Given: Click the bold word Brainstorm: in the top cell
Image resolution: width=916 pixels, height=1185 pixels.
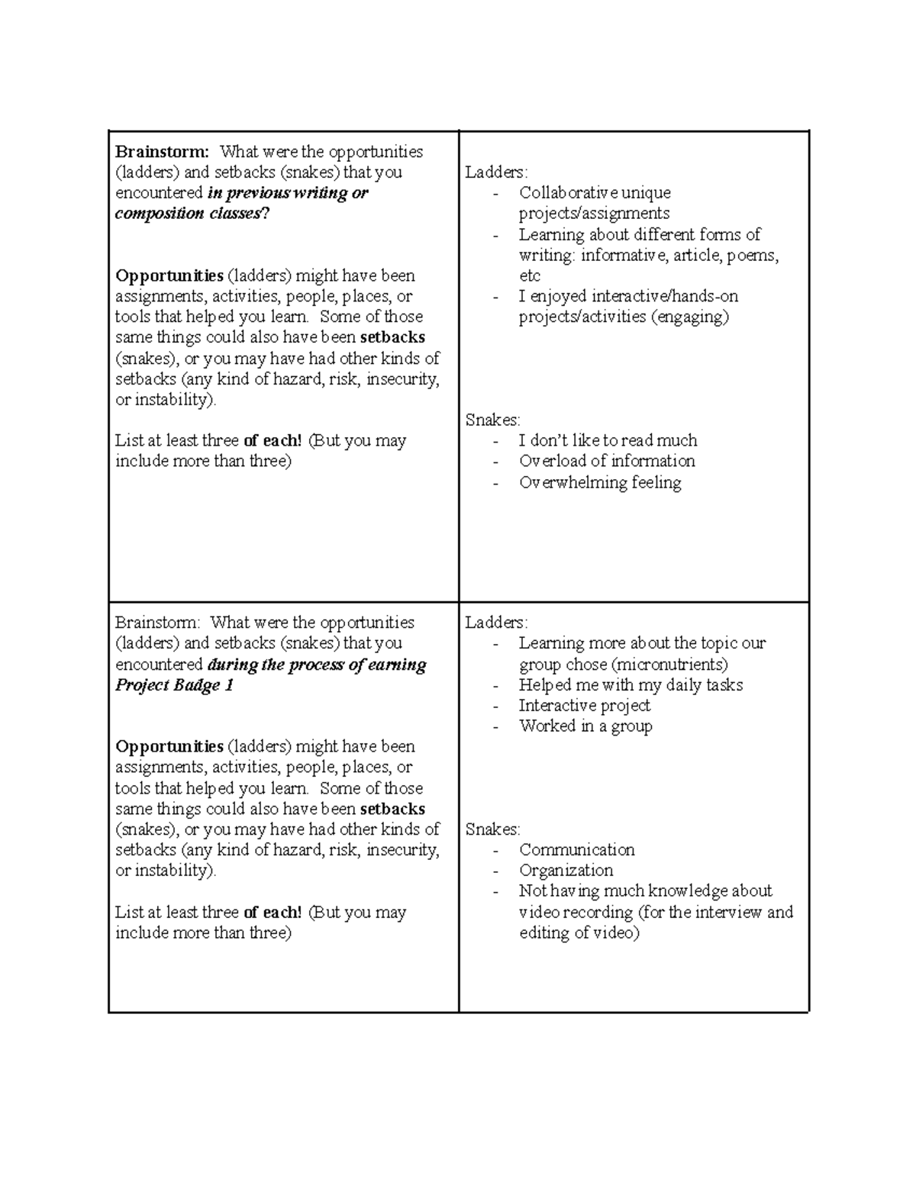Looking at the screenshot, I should point(161,152).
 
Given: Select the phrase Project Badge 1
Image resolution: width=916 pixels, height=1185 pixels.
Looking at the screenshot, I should point(174,685).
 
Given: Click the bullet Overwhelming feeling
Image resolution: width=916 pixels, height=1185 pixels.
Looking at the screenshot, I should point(600,482).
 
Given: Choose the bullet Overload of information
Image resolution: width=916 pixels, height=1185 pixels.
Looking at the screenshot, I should point(607,461).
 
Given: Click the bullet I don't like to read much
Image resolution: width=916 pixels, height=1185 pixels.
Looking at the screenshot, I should point(608,440).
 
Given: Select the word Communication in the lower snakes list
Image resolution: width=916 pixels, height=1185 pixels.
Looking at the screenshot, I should point(576,850).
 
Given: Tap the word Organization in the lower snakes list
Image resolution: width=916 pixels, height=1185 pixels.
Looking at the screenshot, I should point(566,871).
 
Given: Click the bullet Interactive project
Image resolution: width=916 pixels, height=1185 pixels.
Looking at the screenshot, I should point(584,706).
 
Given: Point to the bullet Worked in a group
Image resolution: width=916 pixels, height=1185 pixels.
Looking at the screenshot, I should point(585,726).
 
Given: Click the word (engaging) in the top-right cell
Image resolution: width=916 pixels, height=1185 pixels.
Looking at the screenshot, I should point(690,317).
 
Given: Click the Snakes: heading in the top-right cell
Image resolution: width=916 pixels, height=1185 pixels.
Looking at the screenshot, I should point(492,420).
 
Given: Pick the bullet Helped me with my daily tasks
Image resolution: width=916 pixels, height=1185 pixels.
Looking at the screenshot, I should point(631,685).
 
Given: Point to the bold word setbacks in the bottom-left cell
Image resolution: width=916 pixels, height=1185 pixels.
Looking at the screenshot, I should point(392,809).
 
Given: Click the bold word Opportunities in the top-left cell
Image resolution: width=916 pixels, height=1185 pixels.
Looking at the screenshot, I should point(169,275).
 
